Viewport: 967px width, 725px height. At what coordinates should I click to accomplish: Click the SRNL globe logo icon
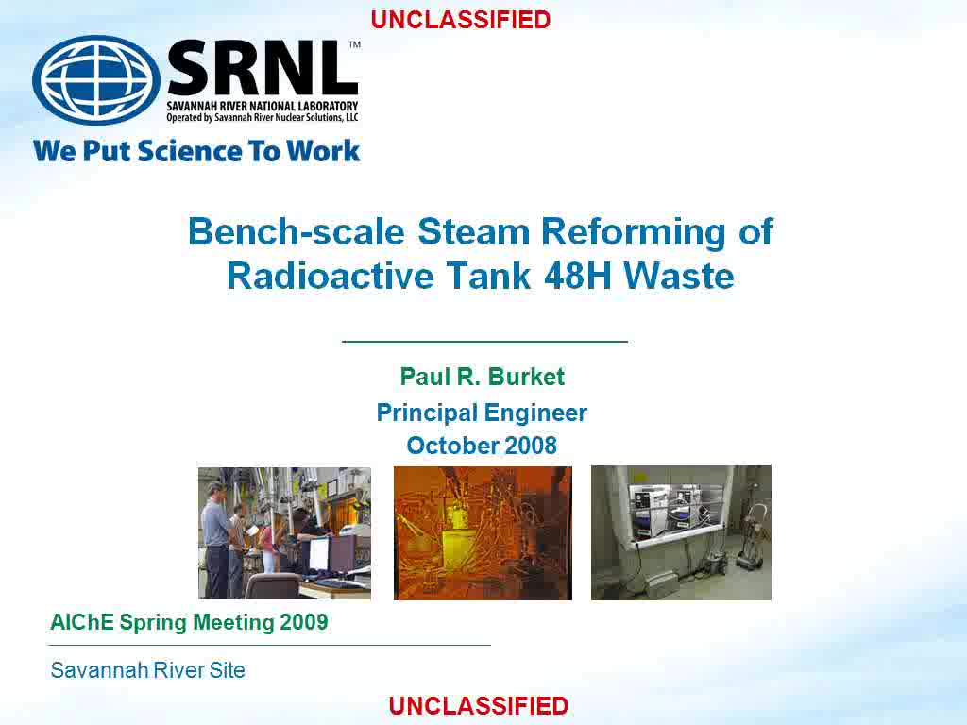(96, 79)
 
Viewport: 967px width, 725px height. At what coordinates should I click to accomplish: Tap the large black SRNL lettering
(263, 69)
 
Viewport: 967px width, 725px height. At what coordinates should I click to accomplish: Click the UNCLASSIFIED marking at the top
(461, 20)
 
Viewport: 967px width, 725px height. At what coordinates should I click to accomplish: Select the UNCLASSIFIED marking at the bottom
(479, 706)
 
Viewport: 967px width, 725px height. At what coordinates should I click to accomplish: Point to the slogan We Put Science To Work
(196, 151)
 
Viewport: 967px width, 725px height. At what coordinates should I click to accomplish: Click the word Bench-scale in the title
(296, 232)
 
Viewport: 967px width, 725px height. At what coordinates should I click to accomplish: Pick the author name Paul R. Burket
(483, 377)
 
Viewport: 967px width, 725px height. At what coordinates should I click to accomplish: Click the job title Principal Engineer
(482, 413)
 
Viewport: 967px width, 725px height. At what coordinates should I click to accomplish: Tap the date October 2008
(482, 446)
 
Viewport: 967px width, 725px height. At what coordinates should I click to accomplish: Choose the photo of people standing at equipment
(284, 532)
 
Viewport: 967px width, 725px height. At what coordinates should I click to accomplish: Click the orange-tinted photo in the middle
(483, 532)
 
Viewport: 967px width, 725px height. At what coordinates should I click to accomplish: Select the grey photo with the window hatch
(681, 532)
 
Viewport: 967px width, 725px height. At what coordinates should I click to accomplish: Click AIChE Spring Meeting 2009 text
(189, 622)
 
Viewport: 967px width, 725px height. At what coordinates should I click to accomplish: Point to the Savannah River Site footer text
(148, 669)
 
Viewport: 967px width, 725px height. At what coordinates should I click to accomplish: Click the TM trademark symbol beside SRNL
(355, 44)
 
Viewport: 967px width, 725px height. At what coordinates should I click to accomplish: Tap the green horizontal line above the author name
(484, 341)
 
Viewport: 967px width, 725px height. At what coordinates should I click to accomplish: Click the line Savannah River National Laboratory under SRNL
(263, 106)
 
